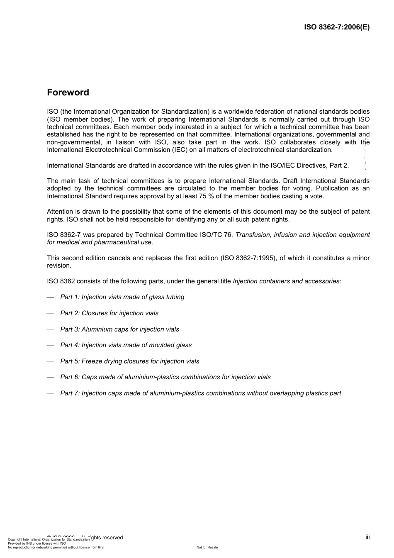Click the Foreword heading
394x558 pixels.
pyautogui.click(x=68, y=93)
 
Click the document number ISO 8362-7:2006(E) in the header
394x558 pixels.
pyautogui.click(x=337, y=27)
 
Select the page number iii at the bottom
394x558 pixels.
pyautogui.click(x=367, y=537)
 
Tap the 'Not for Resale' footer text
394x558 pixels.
pyautogui.click(x=207, y=547)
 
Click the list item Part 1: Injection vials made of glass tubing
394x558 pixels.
pyautogui.click(x=122, y=297)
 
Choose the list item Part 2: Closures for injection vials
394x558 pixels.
pyautogui.click(x=109, y=313)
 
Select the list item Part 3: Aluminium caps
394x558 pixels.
pyautogui.click(x=119, y=329)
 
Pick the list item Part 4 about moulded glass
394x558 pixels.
pyautogui.click(x=126, y=345)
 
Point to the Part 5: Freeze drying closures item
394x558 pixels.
pyautogui.click(x=129, y=361)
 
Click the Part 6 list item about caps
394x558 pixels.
pyautogui.click(x=165, y=377)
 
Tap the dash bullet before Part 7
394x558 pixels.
pyautogui.click(x=51, y=394)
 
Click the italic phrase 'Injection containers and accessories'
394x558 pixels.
pyautogui.click(x=286, y=281)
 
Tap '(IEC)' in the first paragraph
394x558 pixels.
pyautogui.click(x=180, y=150)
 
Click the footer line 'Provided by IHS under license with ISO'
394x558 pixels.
pyautogui.click(x=37, y=543)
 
